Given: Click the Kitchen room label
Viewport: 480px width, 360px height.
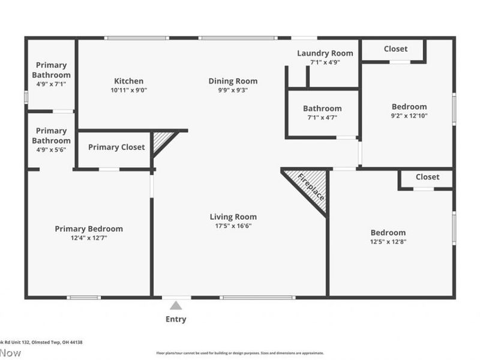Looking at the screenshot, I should tap(129, 81).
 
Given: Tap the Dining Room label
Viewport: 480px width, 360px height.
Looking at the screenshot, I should tap(233, 81).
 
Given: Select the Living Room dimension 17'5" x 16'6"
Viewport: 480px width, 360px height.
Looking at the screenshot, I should tap(233, 226).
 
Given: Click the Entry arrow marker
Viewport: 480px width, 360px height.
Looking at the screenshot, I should tap(176, 305).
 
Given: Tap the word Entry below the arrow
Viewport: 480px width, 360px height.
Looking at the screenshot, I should tap(176, 319).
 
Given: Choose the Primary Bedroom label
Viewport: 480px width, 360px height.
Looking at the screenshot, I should tap(89, 229).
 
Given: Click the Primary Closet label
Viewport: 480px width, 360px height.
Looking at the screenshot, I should tap(116, 147).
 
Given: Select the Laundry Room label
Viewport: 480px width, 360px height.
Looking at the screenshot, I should tap(325, 53).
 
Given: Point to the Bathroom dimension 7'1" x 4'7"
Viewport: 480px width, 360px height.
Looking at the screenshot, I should tap(322, 118).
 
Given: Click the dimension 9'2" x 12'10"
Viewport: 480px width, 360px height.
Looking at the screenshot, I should tap(410, 116).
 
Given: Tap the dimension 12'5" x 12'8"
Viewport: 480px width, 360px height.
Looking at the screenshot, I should tap(388, 242).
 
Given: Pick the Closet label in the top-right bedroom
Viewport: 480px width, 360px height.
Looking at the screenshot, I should tap(395, 49).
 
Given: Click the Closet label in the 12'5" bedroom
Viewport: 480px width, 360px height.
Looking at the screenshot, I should tap(427, 177).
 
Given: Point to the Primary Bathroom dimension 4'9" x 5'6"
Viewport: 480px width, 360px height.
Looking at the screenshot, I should tap(51, 150).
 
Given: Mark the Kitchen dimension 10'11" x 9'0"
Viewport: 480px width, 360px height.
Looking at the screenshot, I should tap(129, 90).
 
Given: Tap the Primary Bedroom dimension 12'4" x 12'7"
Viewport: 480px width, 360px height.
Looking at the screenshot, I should tap(89, 238).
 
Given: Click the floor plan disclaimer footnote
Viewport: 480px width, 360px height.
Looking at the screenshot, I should tap(240, 353).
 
